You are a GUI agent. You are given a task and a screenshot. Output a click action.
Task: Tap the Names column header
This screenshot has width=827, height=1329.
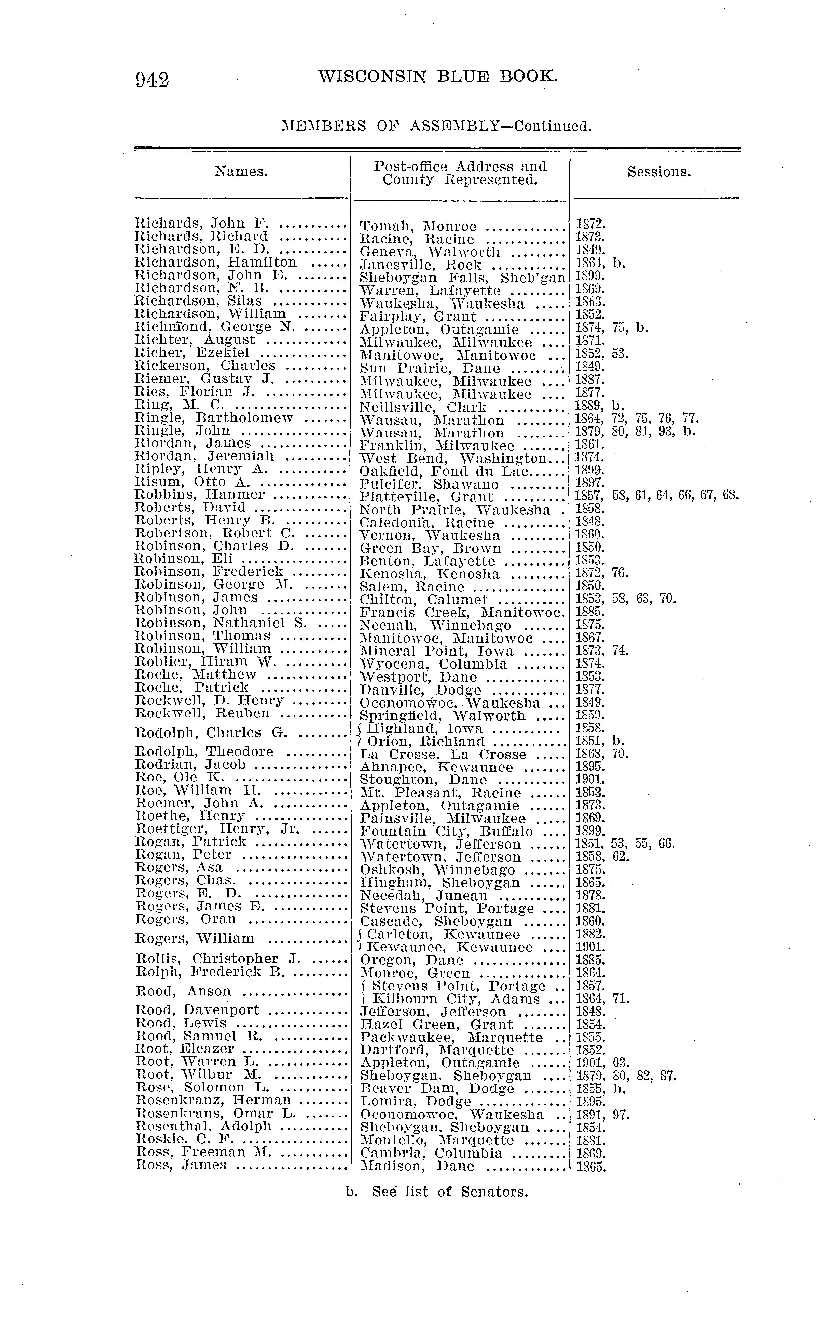pyautogui.click(x=241, y=172)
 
